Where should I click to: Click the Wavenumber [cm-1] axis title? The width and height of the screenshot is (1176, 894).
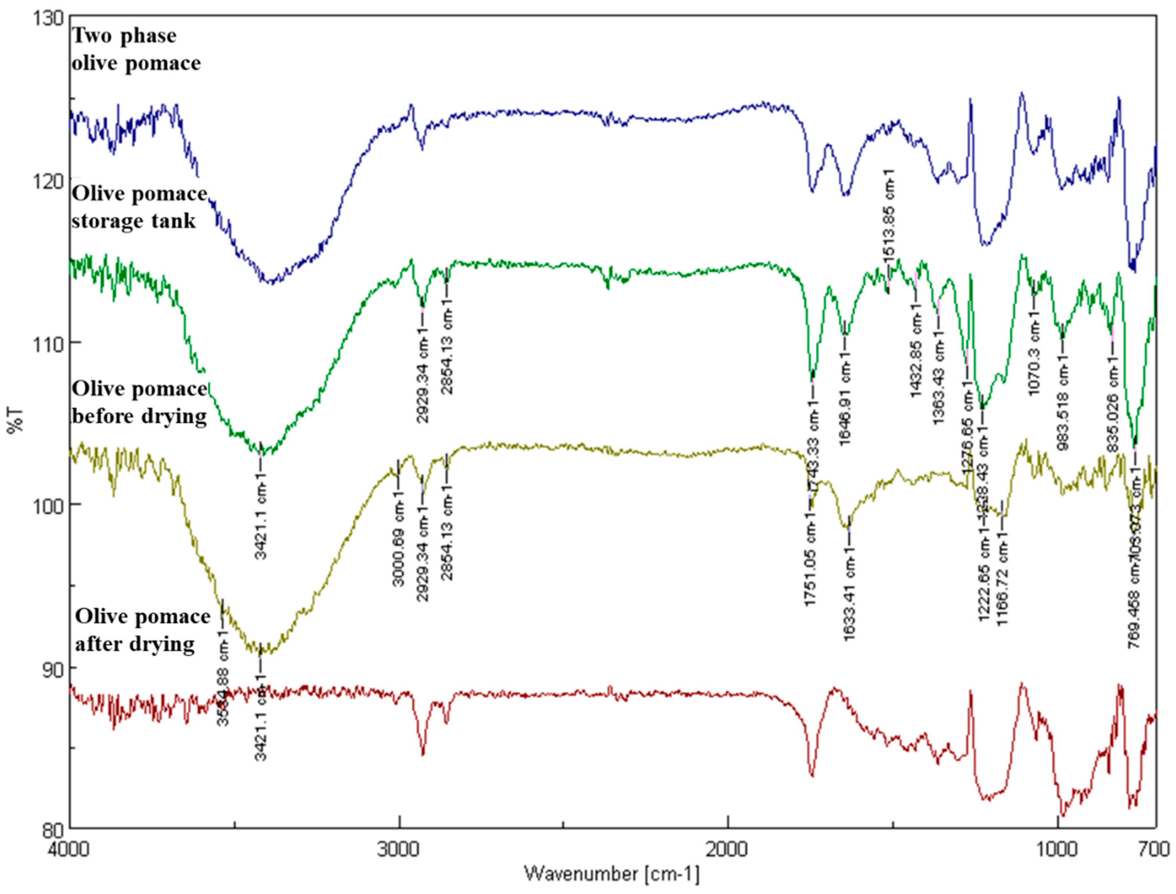tap(612, 874)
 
